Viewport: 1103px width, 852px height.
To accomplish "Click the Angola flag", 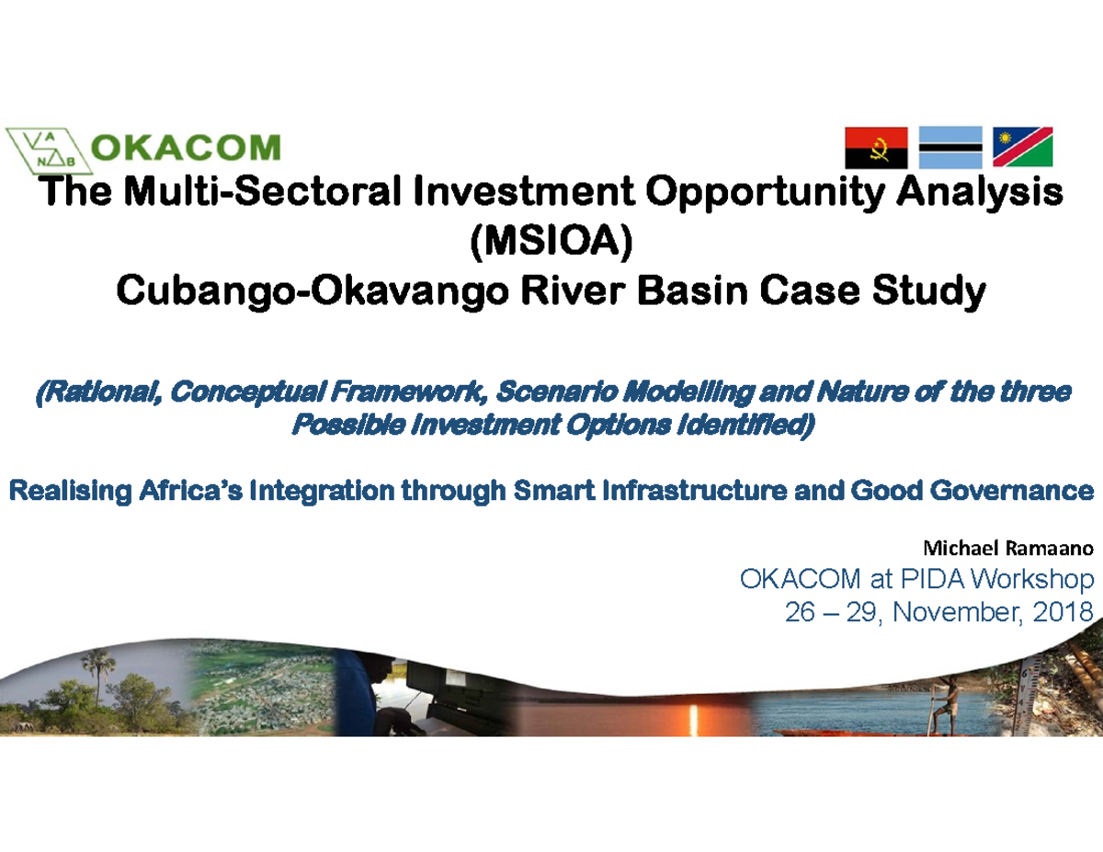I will click(x=876, y=147).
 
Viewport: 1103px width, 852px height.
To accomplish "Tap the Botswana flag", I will click(x=950, y=147).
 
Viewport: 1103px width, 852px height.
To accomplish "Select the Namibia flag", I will click(x=1022, y=147).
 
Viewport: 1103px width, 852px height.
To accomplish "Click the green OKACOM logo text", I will click(x=188, y=148).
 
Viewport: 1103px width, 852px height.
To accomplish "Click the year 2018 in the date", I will click(x=1058, y=612).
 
